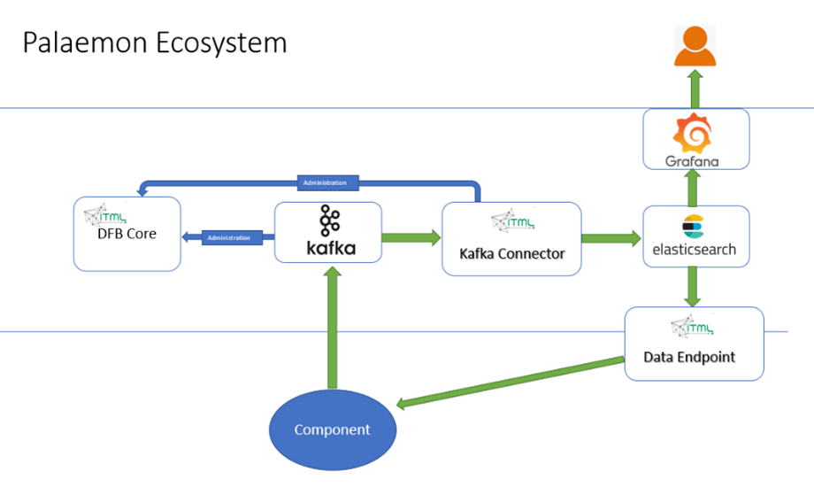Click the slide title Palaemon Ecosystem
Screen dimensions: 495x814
point(155,43)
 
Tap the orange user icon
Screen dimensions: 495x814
point(695,46)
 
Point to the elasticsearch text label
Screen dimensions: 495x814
point(695,250)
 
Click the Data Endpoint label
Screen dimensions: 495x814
point(689,358)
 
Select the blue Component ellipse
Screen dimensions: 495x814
point(333,429)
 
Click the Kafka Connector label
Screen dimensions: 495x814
point(511,253)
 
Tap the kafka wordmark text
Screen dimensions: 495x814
point(328,249)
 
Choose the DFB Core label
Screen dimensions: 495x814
point(127,234)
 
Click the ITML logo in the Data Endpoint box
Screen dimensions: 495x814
point(690,328)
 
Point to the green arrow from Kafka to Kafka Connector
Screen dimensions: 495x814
point(411,237)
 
